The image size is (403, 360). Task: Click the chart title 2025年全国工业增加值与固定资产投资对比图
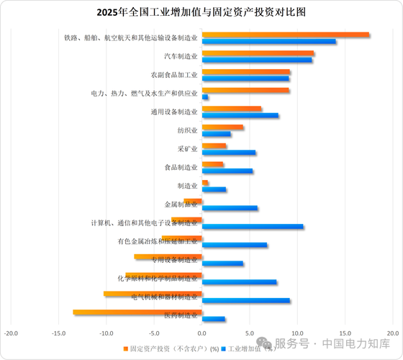(x=201, y=12)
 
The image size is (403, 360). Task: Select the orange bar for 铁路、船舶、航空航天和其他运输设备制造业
(x=286, y=35)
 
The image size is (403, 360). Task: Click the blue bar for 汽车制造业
(x=257, y=60)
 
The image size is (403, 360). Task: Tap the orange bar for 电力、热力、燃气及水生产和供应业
(x=245, y=90)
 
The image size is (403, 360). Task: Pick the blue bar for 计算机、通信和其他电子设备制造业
(x=253, y=226)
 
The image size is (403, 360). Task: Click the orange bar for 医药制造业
(x=137, y=312)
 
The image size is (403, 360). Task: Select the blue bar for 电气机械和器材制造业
(x=246, y=301)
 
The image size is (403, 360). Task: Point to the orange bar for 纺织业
(x=222, y=127)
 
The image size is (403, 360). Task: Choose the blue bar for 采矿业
(x=229, y=153)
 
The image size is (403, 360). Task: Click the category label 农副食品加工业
(x=173, y=75)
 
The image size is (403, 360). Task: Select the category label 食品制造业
(x=181, y=168)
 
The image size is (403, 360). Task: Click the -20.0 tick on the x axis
(x=11, y=333)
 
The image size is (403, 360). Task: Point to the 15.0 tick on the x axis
(x=345, y=333)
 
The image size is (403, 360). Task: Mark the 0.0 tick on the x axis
(x=202, y=333)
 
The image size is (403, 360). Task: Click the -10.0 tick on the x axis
(x=107, y=333)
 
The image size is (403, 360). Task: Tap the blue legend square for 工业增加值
(x=223, y=348)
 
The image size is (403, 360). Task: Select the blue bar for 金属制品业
(x=230, y=208)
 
